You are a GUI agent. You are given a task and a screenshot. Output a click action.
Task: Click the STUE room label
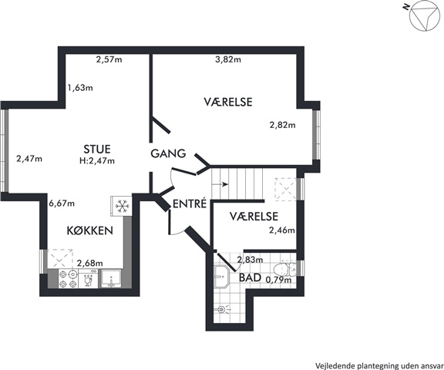[x=97, y=149]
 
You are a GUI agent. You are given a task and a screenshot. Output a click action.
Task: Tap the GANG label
[x=168, y=153]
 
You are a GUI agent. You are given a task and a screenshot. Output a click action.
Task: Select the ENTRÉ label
[x=190, y=203]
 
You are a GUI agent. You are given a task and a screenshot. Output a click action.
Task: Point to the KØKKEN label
[x=89, y=230]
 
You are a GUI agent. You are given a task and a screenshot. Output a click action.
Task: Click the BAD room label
[x=250, y=277]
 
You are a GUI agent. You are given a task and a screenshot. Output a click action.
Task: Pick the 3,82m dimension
[x=228, y=59]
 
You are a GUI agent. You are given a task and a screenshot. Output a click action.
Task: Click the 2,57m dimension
[x=109, y=59]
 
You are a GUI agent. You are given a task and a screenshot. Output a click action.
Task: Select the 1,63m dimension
[x=80, y=88]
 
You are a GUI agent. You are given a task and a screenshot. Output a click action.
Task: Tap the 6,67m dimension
[x=62, y=203]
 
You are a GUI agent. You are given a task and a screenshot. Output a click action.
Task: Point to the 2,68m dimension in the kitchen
[x=90, y=264]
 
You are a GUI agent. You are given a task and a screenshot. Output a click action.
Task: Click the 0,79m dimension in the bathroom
[x=278, y=280]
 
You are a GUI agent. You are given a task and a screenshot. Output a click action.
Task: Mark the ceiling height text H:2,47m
[x=97, y=161]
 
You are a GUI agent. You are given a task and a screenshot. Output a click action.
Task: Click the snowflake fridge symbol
[x=122, y=206]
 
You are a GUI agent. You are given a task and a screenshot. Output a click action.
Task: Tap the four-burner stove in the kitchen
[x=69, y=279]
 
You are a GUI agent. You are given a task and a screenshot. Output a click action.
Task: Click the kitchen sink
[x=111, y=279]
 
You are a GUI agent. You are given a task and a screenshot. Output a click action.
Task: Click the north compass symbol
[x=424, y=16]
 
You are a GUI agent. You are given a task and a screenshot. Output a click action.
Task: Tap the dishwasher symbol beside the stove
[x=89, y=279]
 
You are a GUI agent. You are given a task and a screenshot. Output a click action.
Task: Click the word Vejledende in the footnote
[x=329, y=365]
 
